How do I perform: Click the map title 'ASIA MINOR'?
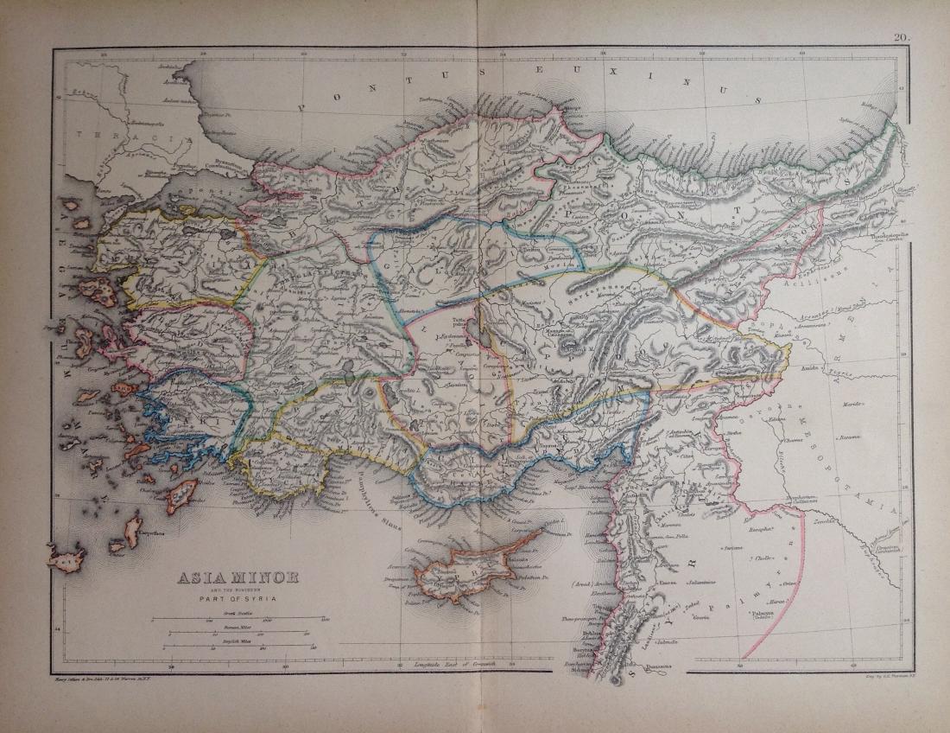pyautogui.click(x=237, y=577)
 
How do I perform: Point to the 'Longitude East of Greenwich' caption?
pyautogui.click(x=440, y=664)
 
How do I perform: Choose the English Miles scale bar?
pyautogui.click(x=237, y=647)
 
